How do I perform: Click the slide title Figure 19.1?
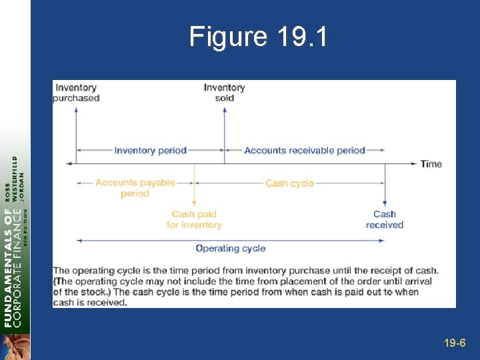coord(259,37)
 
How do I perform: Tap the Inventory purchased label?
coord(76,93)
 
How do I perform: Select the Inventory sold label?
coord(224,93)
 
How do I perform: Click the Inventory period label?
coord(150,151)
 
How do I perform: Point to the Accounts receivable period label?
coord(305,151)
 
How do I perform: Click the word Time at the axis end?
coord(431,164)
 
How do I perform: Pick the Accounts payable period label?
coord(135,188)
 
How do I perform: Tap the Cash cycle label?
coord(289,183)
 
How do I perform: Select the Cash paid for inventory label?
coord(194,219)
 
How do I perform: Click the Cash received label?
coord(385,219)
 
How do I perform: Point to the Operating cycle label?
coord(231,249)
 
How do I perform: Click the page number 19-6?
coord(455,343)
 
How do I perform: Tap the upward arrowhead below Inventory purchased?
coord(76,110)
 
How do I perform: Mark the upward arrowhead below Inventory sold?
coord(224,110)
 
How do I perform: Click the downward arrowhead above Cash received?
coord(385,203)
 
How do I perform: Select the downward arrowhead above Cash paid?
coord(194,203)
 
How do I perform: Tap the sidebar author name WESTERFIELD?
coord(15,179)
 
